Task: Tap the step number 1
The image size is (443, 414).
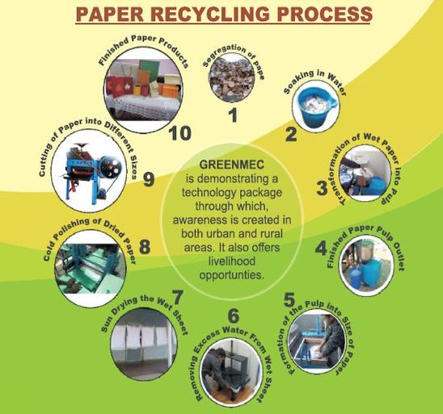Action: pyautogui.click(x=234, y=115)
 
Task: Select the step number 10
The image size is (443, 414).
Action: pyautogui.click(x=179, y=133)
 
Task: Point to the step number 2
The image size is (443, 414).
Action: pyautogui.click(x=291, y=134)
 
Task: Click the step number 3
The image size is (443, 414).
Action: pyautogui.click(x=322, y=188)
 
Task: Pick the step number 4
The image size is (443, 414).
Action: pyautogui.click(x=321, y=249)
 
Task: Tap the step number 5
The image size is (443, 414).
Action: pyautogui.click(x=289, y=300)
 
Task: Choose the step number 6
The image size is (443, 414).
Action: pyautogui.click(x=234, y=316)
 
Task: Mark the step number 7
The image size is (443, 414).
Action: pyautogui.click(x=177, y=298)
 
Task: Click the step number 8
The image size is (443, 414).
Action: pyautogui.click(x=145, y=247)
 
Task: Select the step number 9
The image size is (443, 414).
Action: pyautogui.click(x=149, y=180)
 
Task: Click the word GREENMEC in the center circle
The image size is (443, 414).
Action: pyautogui.click(x=232, y=165)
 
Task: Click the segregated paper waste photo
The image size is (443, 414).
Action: pyautogui.click(x=231, y=77)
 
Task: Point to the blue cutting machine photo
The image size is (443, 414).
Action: pyautogui.click(x=90, y=171)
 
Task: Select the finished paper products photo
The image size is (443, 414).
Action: pyautogui.click(x=144, y=90)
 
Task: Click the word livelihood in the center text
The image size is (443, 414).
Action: pyautogui.click(x=232, y=261)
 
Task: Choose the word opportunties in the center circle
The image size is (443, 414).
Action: pyautogui.click(x=232, y=275)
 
